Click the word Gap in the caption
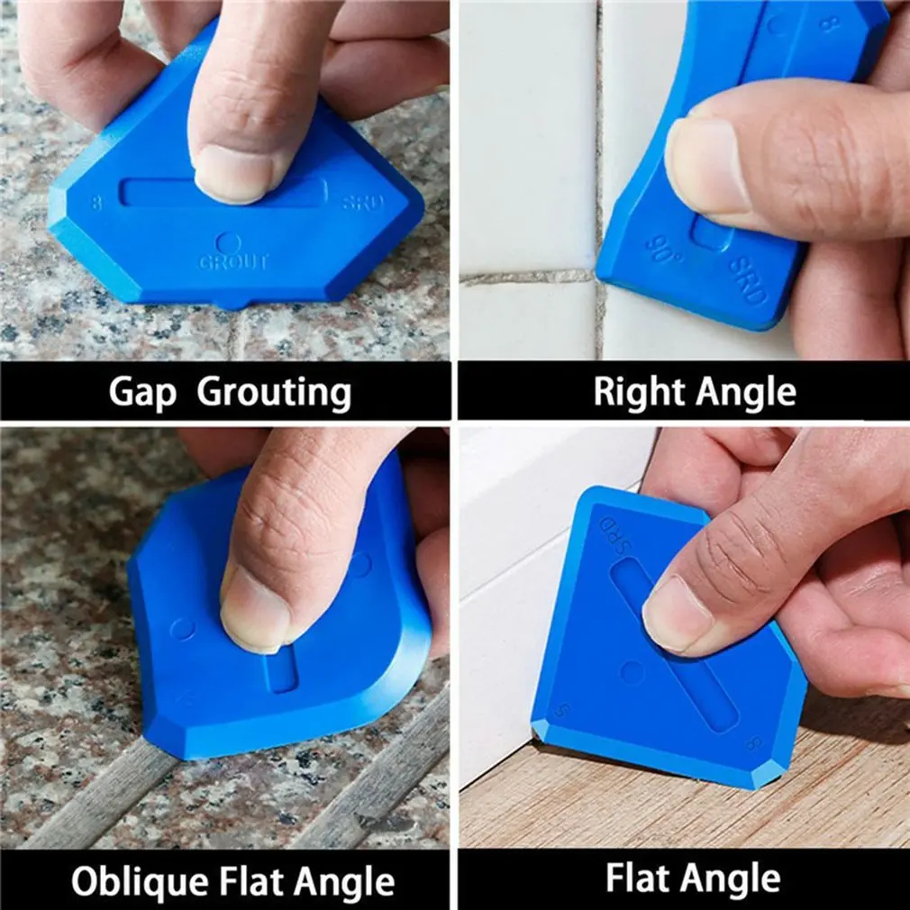click(142, 393)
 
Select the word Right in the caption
click(638, 392)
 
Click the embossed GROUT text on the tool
click(233, 263)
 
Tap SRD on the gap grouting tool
click(362, 203)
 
